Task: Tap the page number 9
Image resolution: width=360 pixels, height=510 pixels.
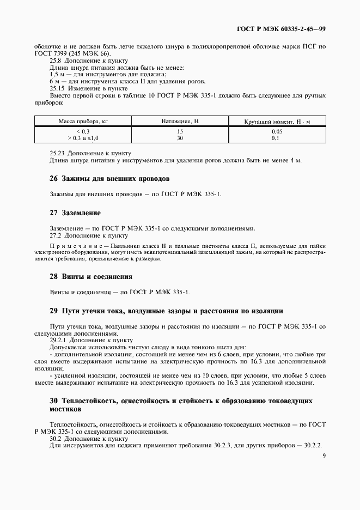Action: point(324,456)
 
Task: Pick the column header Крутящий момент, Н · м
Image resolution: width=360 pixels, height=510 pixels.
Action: point(277,121)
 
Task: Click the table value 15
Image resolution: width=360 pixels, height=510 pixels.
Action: point(180,132)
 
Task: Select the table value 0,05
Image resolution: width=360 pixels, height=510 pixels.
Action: point(277,132)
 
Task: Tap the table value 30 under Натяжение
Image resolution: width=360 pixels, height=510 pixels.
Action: point(180,138)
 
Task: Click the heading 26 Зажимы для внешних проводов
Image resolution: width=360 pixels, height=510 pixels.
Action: point(110,178)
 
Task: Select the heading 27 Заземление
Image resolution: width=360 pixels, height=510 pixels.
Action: point(75,212)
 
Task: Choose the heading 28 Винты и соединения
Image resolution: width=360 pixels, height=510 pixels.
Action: point(91,276)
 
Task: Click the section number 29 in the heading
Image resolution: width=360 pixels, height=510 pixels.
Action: point(53,311)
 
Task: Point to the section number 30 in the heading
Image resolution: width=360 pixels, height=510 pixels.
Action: point(53,400)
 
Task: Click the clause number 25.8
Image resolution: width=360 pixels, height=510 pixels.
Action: point(56,60)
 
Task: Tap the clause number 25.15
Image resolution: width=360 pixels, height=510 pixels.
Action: point(57,88)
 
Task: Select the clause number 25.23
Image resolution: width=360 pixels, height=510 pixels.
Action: point(57,153)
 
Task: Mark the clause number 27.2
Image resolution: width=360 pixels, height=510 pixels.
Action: point(56,235)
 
